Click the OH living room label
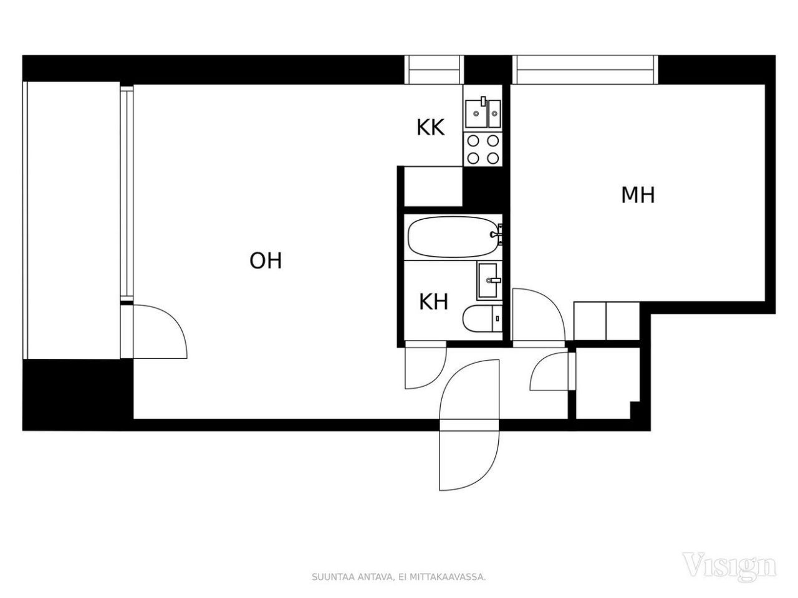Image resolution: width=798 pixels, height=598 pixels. point(266,260)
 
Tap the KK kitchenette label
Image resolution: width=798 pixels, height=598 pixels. point(430,128)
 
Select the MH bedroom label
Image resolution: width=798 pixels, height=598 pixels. point(638,195)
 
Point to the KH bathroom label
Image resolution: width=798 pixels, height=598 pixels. point(433,303)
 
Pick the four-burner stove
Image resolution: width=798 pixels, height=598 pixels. point(483,149)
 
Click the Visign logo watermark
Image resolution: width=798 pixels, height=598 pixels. point(729,565)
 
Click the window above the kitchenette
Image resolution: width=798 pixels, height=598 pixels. point(435,70)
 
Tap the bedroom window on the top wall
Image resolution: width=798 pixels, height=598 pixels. point(584,70)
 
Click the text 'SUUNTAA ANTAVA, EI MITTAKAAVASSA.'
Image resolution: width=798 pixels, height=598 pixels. point(398,577)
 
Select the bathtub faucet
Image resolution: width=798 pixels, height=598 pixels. point(497,234)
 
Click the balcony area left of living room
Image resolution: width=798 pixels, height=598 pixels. point(72,221)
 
